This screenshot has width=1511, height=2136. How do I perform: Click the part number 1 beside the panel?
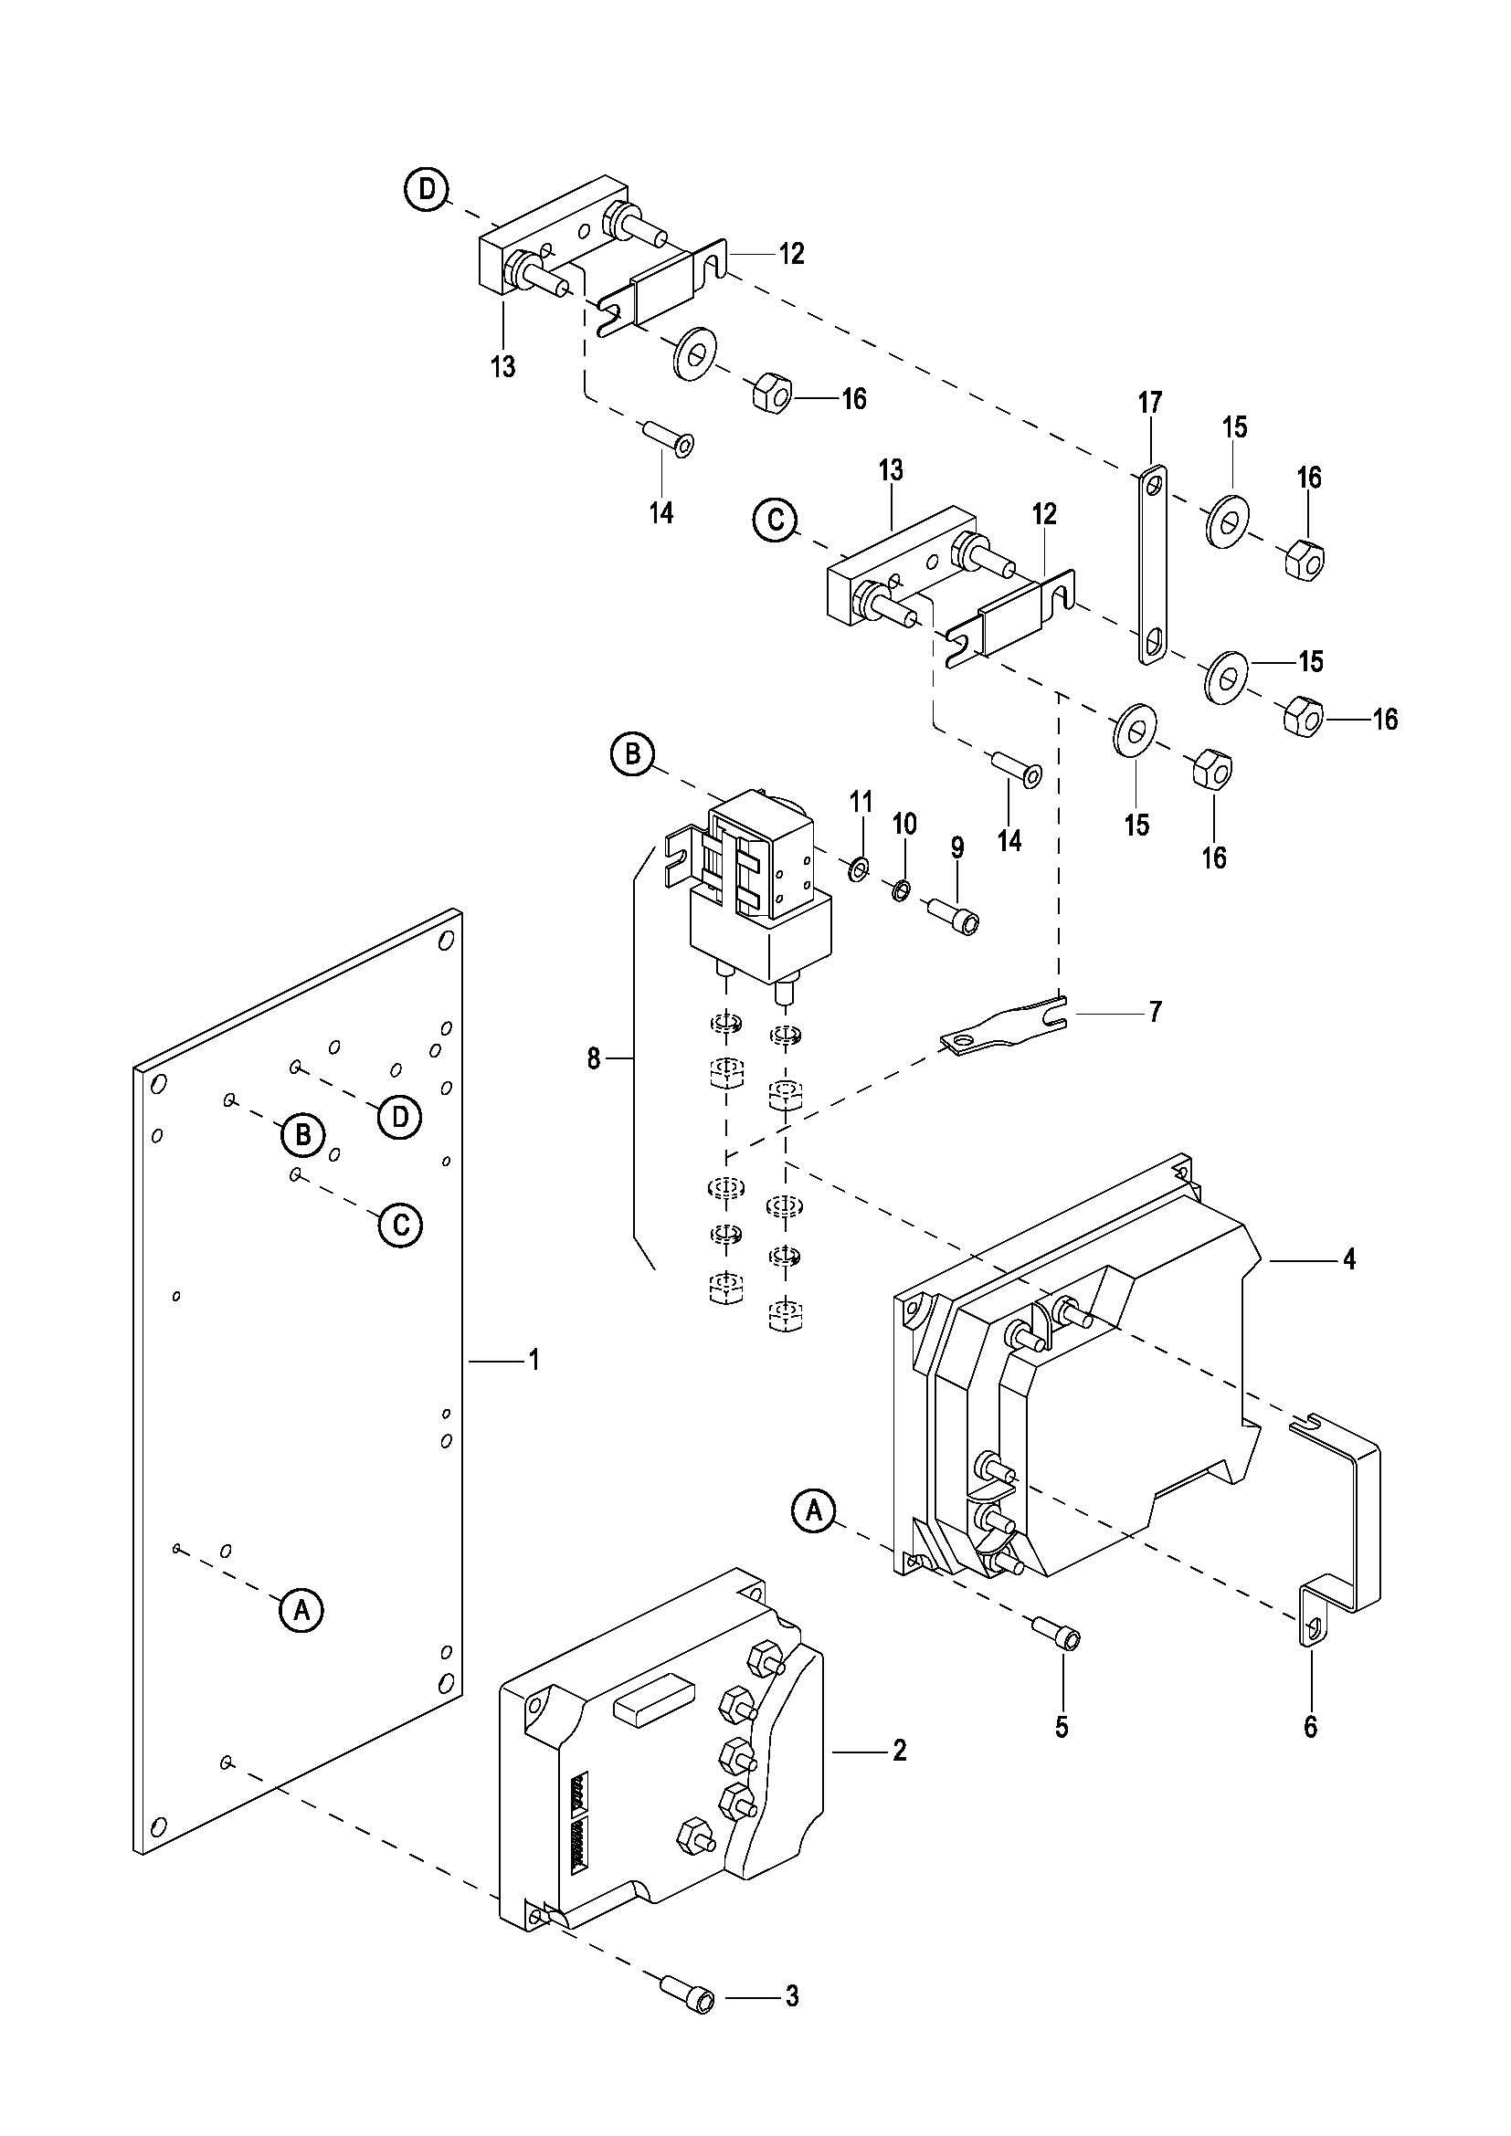(x=534, y=1361)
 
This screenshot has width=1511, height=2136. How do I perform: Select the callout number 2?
(x=899, y=1751)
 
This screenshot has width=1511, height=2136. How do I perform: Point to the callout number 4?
(x=1349, y=1259)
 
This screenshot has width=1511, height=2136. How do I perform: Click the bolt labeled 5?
(x=1056, y=1633)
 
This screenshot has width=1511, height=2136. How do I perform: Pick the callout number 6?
(x=1310, y=1727)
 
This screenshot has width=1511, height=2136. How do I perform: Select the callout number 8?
(x=594, y=1058)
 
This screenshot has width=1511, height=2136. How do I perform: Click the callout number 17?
(x=1150, y=403)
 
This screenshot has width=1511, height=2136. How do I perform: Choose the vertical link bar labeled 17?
(x=1153, y=567)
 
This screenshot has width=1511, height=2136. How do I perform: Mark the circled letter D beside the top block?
(x=426, y=189)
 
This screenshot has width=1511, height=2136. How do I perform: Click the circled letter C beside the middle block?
(x=775, y=521)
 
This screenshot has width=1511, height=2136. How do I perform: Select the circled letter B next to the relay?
(x=633, y=753)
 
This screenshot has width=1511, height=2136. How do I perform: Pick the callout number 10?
(x=904, y=824)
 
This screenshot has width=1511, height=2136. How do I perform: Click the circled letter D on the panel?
(x=400, y=1116)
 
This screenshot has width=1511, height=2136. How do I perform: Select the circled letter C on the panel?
(x=400, y=1225)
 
